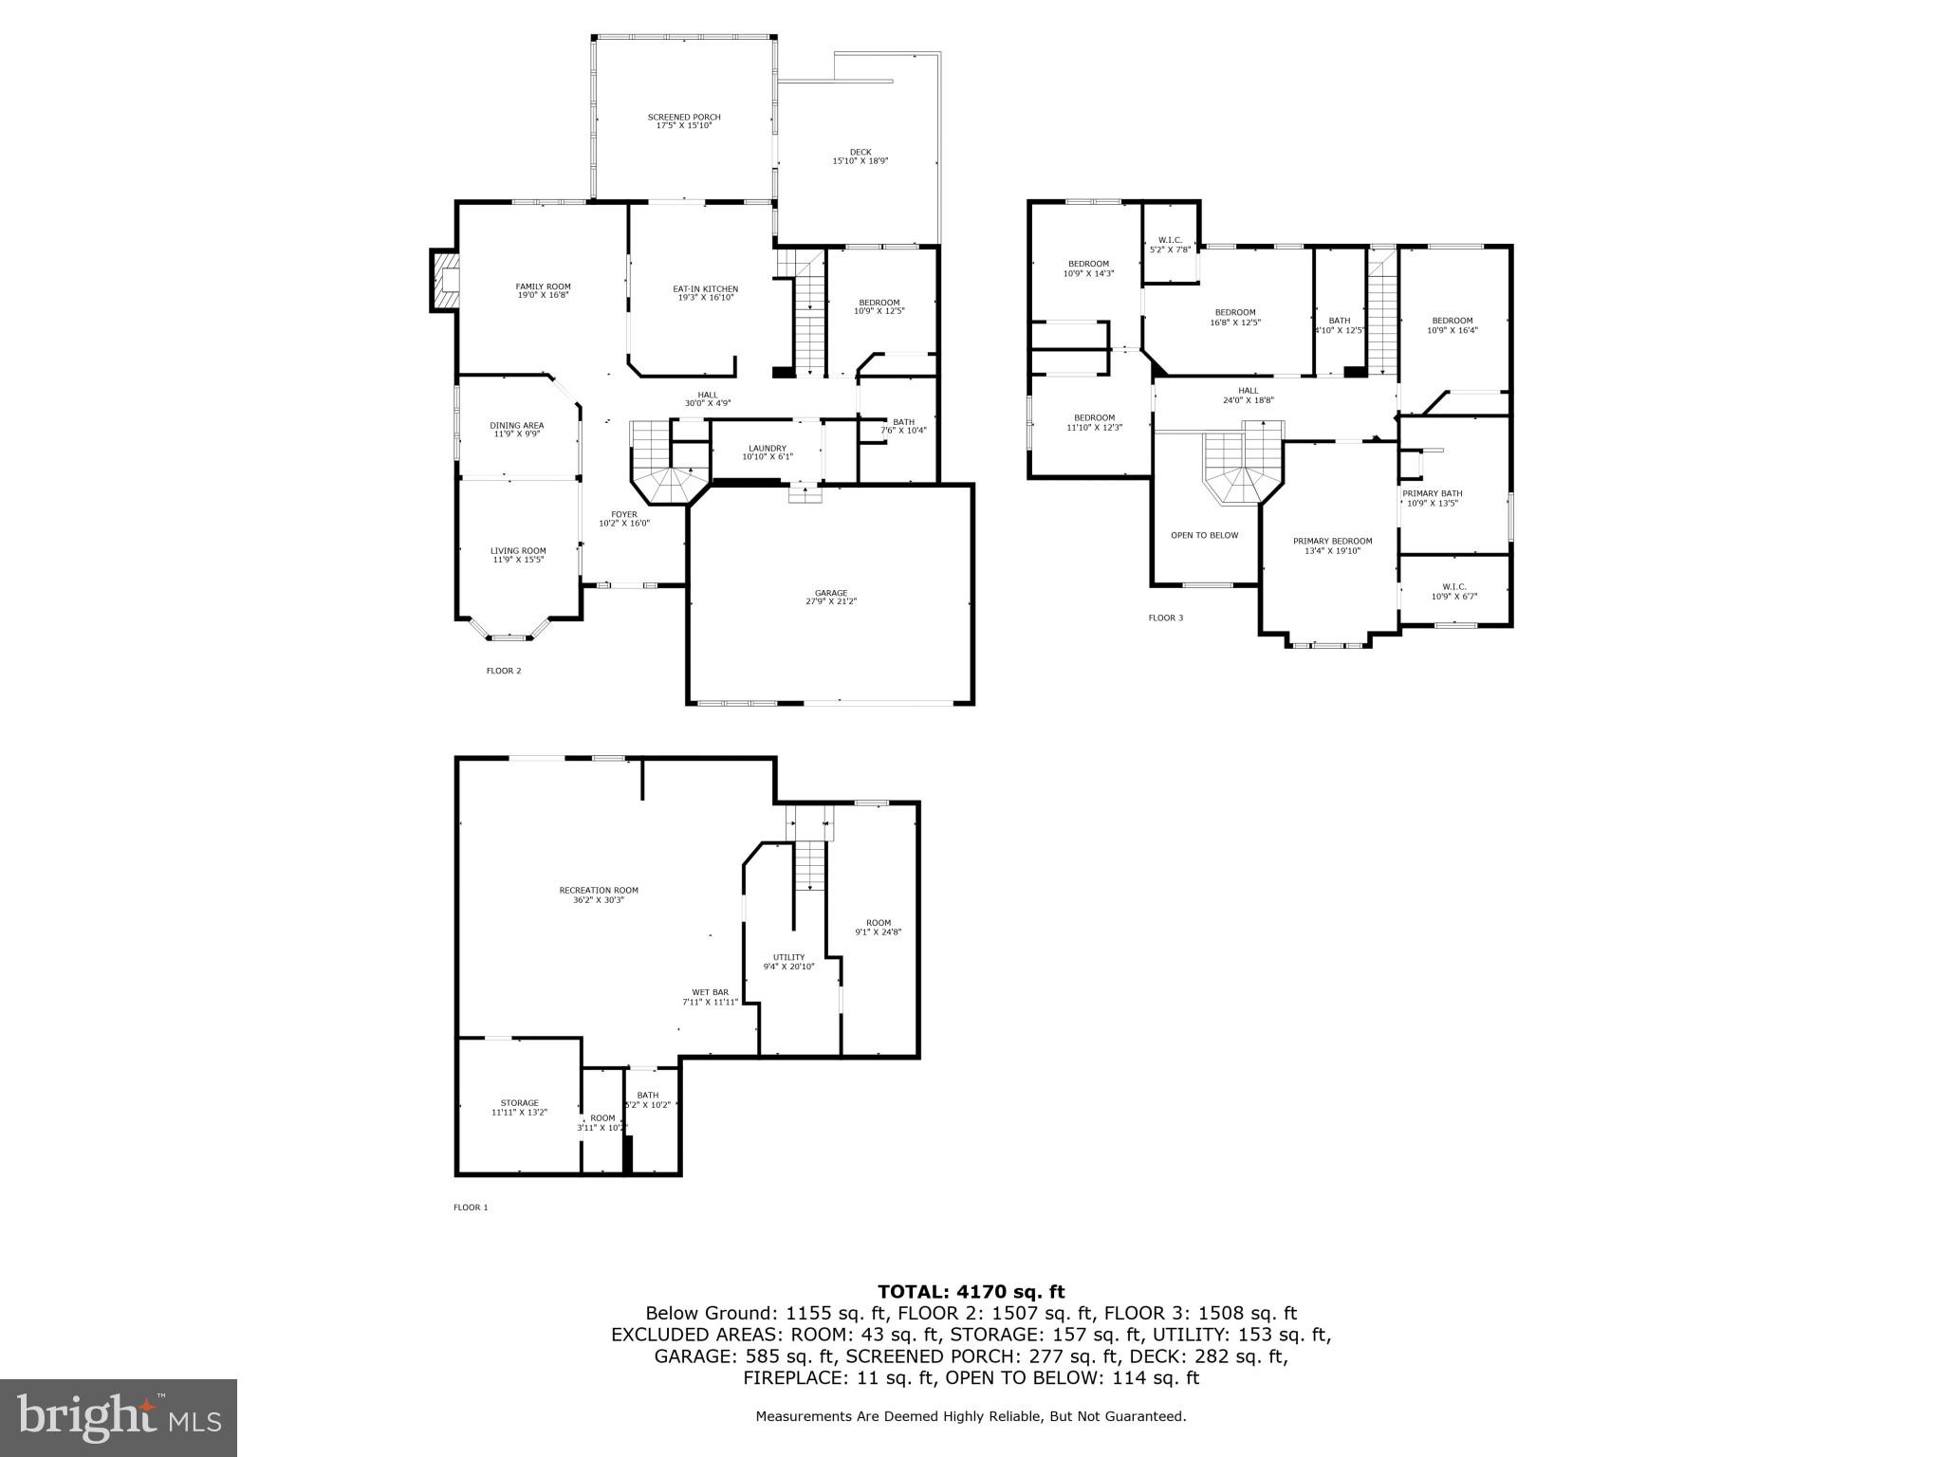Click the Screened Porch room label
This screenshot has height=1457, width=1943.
coord(684,121)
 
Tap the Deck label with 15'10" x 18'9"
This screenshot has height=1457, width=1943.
coord(860,157)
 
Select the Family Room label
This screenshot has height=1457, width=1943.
coord(543,290)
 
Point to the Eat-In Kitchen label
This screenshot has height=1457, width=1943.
coord(705,293)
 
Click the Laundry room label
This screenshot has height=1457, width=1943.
coord(767,452)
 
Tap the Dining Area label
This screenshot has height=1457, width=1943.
coord(516,430)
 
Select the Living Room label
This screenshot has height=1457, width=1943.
coord(518,555)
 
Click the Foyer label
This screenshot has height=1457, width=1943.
coord(623,519)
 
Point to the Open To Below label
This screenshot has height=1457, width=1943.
coord(1204,535)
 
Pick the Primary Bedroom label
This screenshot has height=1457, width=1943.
coord(1332,545)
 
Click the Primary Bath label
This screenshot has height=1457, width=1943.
coord(1432,498)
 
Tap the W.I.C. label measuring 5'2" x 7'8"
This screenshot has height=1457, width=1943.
coord(1169,245)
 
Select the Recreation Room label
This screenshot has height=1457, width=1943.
coord(598,894)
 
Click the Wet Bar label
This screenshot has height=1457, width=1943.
coord(710,997)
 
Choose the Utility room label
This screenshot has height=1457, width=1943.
coord(788,962)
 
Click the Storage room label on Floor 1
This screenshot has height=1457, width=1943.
coord(519,1107)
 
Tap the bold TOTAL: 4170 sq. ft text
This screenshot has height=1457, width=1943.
coord(971,1291)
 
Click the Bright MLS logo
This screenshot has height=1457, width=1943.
coord(119,1417)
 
